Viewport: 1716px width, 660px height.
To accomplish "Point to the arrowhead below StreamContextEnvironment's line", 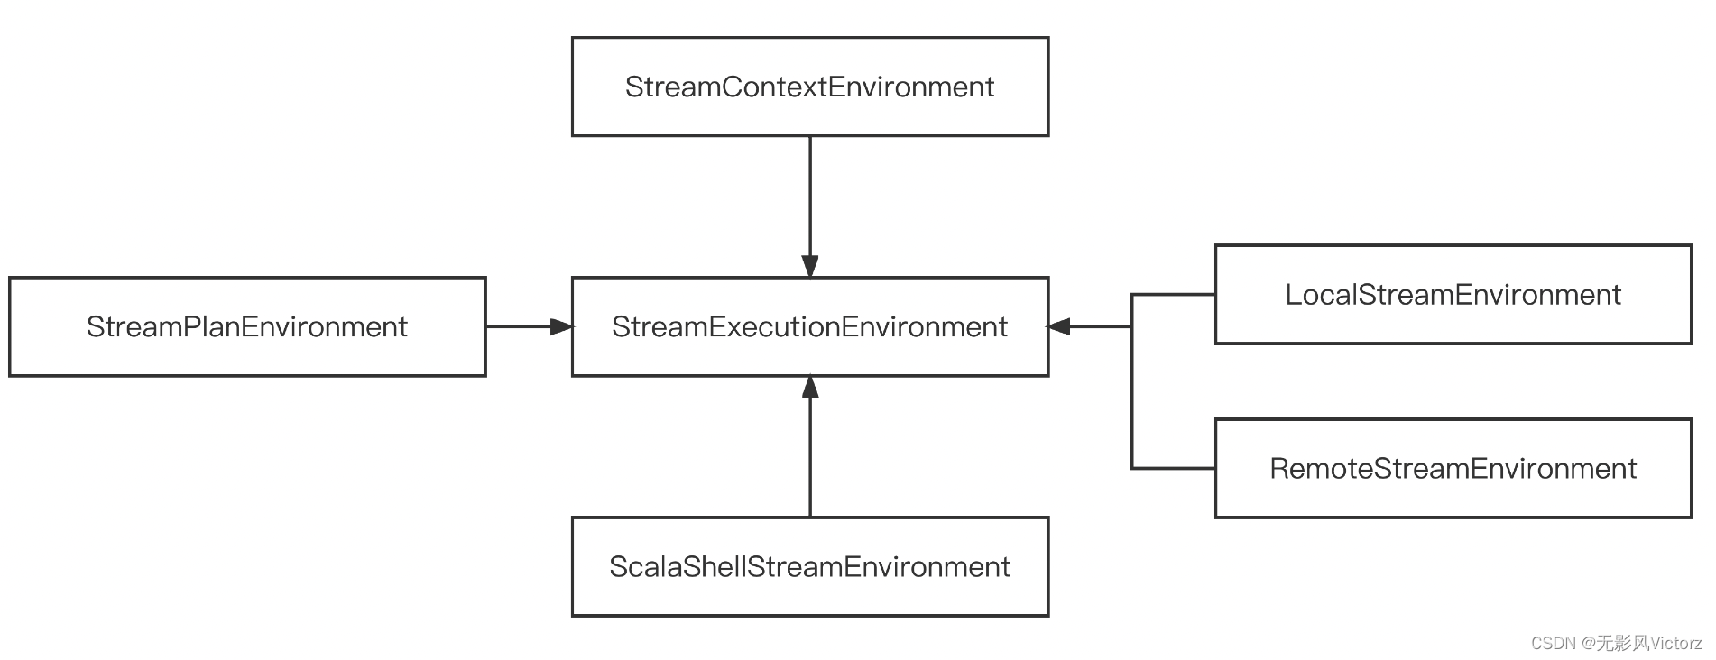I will (809, 266).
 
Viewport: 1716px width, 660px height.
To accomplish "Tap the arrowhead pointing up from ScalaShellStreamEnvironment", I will (809, 388).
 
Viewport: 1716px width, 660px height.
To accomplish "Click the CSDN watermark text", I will (1616, 643).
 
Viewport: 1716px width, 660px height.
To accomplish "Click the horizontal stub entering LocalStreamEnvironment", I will (1173, 295).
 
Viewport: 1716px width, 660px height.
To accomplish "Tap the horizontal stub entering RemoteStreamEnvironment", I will (1173, 468).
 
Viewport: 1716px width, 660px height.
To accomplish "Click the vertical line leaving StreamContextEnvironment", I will (809, 194).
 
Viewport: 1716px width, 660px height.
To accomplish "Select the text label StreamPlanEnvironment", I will (246, 326).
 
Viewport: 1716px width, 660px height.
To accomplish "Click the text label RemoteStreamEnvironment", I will (1453, 469).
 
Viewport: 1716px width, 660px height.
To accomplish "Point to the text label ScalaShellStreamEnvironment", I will (809, 567).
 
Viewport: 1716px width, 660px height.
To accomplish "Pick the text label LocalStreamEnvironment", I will (1453, 295).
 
